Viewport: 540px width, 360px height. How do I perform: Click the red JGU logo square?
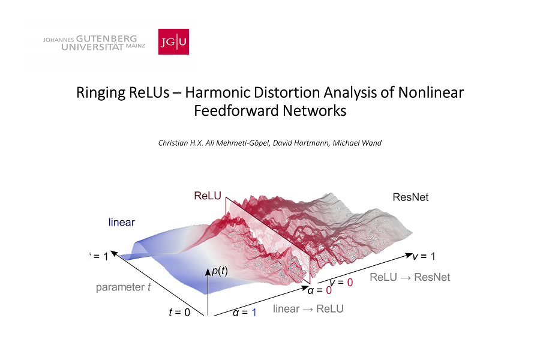(173, 41)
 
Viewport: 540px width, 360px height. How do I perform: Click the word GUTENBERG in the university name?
(106, 38)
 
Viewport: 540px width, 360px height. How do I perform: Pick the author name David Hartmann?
(301, 143)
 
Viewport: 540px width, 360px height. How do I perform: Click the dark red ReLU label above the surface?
(208, 196)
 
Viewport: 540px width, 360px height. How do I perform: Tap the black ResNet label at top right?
(410, 197)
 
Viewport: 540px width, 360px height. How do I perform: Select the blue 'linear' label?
(122, 222)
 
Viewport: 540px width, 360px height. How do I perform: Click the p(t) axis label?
(220, 271)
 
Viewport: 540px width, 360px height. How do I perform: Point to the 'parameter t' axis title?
(123, 287)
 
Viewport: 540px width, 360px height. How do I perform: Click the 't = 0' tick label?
(179, 312)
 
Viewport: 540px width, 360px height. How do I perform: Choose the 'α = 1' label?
(245, 313)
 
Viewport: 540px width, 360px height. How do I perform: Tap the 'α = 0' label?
(320, 290)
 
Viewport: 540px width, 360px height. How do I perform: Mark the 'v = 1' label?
(424, 256)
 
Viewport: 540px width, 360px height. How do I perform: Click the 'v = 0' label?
(341, 283)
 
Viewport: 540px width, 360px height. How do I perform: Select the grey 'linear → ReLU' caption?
(308, 308)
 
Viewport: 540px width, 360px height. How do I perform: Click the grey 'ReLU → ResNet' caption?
(410, 277)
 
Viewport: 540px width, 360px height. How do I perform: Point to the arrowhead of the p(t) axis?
(208, 272)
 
